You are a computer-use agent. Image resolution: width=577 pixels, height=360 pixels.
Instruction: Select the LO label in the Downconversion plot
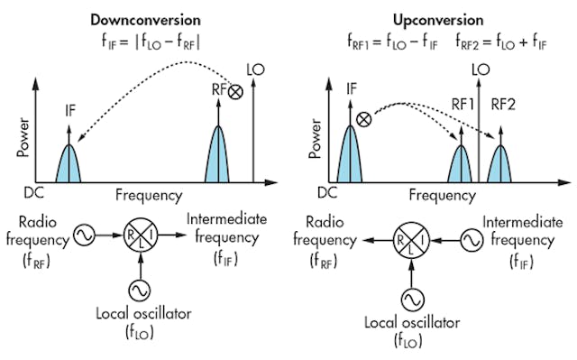click(x=256, y=69)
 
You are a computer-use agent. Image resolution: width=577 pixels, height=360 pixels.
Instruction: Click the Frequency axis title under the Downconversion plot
click(x=149, y=194)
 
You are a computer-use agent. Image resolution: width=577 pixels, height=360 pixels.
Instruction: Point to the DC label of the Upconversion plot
click(x=326, y=192)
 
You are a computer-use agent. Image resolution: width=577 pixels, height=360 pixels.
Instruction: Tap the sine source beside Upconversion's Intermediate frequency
click(x=470, y=240)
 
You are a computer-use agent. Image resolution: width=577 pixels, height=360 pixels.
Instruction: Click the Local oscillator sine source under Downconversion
click(x=142, y=290)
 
